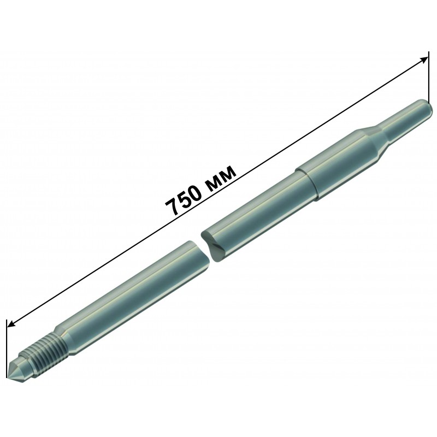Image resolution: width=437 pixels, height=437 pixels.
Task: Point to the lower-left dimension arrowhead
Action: coord(10,323)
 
